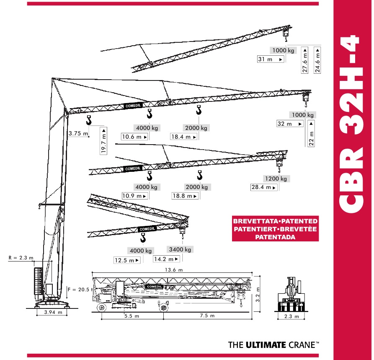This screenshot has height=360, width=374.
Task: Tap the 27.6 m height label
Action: [x=305, y=60]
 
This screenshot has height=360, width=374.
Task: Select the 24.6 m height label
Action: [x=317, y=60]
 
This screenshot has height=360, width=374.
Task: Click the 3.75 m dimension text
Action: [x=78, y=133]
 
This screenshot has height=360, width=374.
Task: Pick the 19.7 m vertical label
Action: [x=103, y=141]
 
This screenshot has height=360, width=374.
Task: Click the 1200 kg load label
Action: [x=276, y=179]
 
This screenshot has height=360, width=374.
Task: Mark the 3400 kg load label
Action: [x=180, y=249]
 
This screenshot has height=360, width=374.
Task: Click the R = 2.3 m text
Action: [x=21, y=258]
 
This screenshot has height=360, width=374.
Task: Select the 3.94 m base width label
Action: [x=53, y=312]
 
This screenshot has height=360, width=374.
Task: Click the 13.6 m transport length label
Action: [x=174, y=270]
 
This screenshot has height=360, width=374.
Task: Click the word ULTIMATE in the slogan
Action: [x=266, y=345]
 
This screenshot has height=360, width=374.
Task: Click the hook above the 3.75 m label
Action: [x=89, y=120]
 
